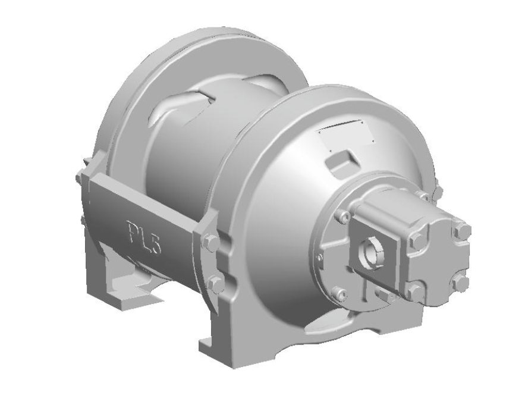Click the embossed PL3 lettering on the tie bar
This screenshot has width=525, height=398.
143,234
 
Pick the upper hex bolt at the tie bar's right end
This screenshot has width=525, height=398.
211,242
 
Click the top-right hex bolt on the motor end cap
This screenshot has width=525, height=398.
461,231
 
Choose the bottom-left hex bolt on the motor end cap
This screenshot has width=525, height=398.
413,291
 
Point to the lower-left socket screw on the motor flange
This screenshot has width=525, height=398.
339,293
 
